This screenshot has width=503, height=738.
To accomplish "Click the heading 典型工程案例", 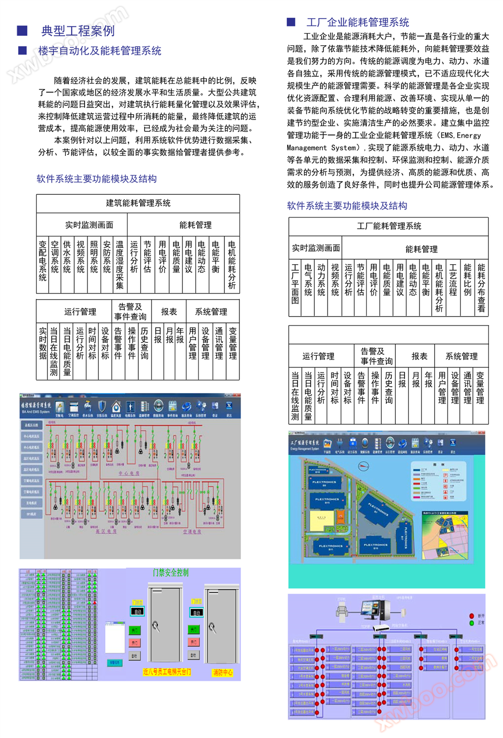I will coord(78,31).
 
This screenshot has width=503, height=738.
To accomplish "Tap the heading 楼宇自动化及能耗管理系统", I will coord(100,51).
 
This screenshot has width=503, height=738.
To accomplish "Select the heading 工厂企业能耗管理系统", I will coord(357,22).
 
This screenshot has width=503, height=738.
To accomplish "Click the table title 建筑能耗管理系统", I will coord(138,203).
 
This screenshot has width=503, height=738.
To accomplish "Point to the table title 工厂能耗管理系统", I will coord(389,226).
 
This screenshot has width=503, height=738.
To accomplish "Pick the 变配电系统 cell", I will coord(43,261).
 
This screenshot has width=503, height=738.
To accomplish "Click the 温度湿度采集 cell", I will coord(119,264).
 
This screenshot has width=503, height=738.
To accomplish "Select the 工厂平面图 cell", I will coord(295,284).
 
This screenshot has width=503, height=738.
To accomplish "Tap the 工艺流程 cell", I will coord(453,280).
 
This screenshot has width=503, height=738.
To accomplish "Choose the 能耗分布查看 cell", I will coord(481,288).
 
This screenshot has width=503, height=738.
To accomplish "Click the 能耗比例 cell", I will coord(468,280).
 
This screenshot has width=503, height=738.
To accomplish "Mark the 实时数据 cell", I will coord(43,343).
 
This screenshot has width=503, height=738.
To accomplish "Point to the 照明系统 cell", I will coord(94,256).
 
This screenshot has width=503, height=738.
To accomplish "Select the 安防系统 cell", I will coord(107,256).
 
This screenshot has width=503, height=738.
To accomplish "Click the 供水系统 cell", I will coord(67,256).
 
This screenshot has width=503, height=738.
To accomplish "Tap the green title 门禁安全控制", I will coord(171,572).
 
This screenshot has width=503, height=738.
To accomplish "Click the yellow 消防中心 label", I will coord(223,672).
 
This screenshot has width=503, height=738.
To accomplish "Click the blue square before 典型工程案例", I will coord(22,31).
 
